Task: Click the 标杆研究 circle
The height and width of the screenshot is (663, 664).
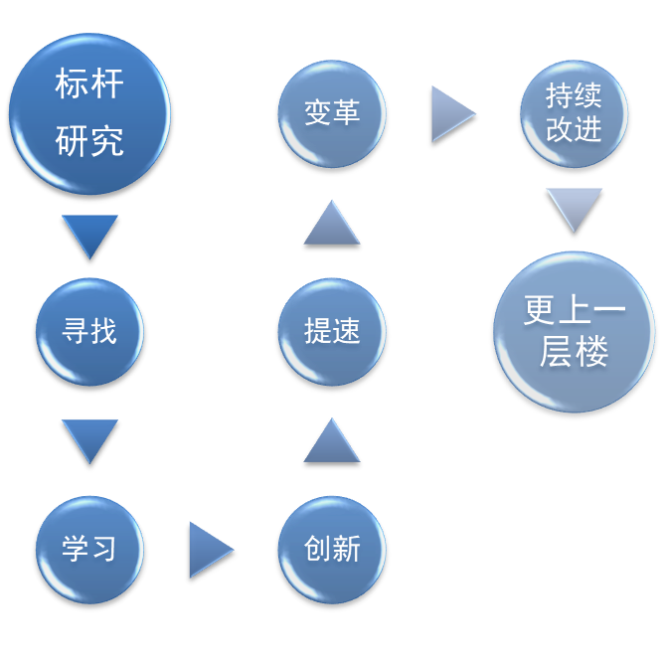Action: (89, 113)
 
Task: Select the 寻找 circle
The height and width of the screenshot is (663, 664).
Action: (89, 331)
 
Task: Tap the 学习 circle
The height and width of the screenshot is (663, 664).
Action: (89, 549)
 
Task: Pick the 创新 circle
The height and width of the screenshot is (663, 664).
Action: (332, 549)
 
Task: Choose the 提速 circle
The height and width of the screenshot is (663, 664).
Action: (332, 331)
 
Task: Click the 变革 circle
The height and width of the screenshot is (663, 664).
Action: (332, 113)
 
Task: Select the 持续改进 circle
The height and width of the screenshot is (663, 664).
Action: (575, 113)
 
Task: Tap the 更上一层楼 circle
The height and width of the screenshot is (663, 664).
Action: (575, 331)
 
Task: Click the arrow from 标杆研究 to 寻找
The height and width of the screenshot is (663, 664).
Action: (89, 234)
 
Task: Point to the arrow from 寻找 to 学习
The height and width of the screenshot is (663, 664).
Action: (89, 438)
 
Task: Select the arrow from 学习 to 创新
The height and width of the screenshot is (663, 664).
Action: (209, 549)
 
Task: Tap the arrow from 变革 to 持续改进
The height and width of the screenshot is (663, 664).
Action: (451, 113)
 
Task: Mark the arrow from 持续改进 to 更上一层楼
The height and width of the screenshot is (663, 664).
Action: (575, 207)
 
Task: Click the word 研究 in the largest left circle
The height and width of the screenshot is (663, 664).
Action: (89, 141)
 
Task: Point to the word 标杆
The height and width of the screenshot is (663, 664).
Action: (89, 84)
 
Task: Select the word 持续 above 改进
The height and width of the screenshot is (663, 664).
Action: (575, 96)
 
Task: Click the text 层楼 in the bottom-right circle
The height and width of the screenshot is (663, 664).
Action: (575, 352)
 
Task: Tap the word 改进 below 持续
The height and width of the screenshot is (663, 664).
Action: (575, 129)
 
